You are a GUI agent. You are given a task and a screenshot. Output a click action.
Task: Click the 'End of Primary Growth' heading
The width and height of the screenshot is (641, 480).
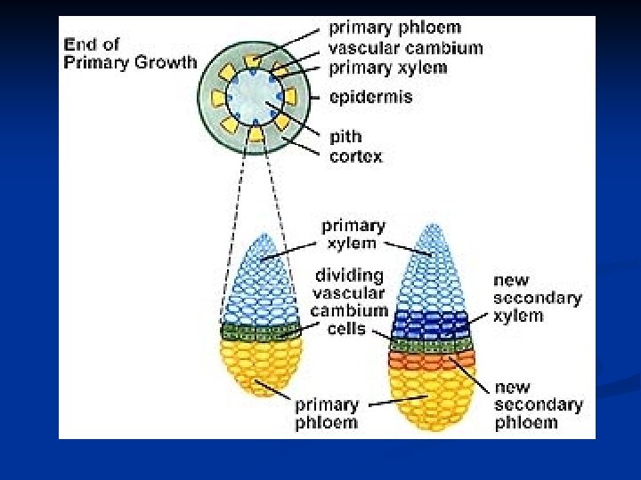pyautogui.click(x=130, y=52)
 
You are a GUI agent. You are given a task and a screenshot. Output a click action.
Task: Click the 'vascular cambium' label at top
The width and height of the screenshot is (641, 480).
pyautogui.click(x=405, y=47)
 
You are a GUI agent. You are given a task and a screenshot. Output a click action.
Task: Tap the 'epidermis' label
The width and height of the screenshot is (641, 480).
pyautogui.click(x=370, y=96)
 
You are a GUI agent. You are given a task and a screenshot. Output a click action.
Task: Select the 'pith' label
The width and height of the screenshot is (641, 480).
pyautogui.click(x=345, y=137)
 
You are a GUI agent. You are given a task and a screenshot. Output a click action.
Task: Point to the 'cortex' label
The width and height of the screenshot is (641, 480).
pyautogui.click(x=355, y=156)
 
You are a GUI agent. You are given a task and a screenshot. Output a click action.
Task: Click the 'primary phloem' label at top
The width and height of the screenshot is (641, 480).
pyautogui.click(x=395, y=28)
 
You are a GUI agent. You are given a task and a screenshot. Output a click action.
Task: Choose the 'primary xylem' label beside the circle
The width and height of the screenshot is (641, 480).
pyautogui.click(x=388, y=67)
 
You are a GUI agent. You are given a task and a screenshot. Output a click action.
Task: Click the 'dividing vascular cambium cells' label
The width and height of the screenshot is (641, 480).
pyautogui.click(x=350, y=301)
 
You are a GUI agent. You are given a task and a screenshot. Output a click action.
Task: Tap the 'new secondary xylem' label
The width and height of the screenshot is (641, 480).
pyautogui.click(x=538, y=298)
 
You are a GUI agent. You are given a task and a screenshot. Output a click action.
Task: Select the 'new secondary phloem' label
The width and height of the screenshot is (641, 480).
pyautogui.click(x=539, y=404)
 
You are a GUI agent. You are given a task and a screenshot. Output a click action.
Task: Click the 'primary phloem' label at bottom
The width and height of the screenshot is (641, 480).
pyautogui.click(x=327, y=413)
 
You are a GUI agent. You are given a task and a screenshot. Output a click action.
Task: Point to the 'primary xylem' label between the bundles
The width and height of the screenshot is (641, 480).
pyautogui.click(x=353, y=234)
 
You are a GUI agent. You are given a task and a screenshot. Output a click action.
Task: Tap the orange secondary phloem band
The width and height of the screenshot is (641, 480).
pyautogui.click(x=432, y=361)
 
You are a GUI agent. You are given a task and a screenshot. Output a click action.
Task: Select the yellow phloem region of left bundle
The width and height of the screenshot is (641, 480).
pyautogui.click(x=260, y=364)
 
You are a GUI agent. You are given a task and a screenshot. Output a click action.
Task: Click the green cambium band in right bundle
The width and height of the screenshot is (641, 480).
pyautogui.click(x=432, y=346)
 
